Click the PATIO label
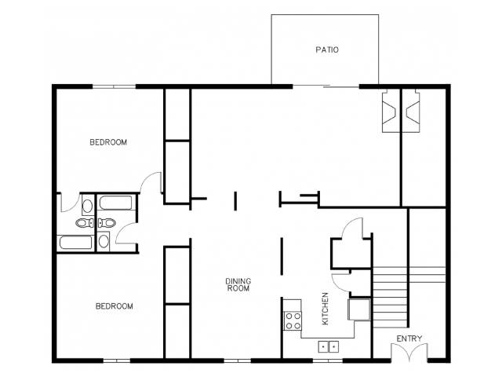click(327, 49)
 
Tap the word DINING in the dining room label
click(238, 281)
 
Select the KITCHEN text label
click(325, 309)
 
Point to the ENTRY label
click(409, 339)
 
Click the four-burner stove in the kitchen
click(293, 321)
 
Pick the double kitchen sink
click(329, 346)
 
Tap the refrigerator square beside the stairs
click(359, 309)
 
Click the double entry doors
click(409, 353)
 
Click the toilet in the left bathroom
click(85, 222)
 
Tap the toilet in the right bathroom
click(107, 222)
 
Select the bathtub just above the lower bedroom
click(75, 243)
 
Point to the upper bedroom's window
click(114, 86)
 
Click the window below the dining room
click(237, 361)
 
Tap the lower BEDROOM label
click(115, 306)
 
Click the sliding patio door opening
click(326, 86)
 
